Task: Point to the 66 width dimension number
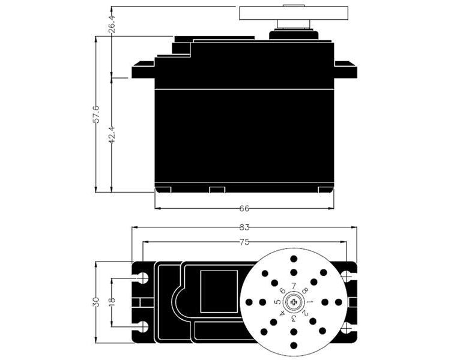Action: pyautogui.click(x=244, y=208)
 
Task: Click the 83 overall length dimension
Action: pyautogui.click(x=244, y=227)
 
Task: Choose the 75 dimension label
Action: pyautogui.click(x=244, y=242)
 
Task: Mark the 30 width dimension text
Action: pyautogui.click(x=96, y=302)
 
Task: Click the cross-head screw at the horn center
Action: pyautogui.click(x=294, y=302)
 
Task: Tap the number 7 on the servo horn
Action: pyautogui.click(x=294, y=286)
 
